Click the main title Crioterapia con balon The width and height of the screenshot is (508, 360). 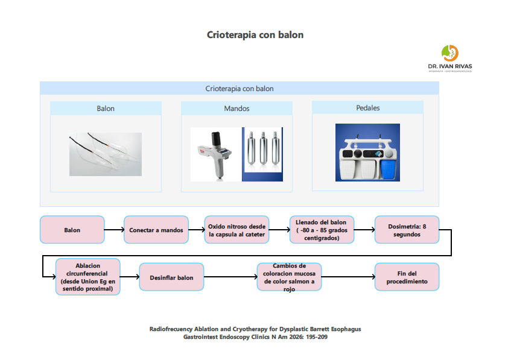point(255,35)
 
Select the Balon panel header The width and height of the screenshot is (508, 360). point(106,109)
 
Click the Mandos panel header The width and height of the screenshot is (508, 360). point(237,109)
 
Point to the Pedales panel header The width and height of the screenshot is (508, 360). point(367,108)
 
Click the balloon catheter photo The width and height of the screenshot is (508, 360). point(106,154)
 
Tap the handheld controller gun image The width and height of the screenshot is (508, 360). point(215,154)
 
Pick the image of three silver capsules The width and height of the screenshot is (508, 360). point(262,154)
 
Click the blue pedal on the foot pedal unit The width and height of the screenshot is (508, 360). point(388,168)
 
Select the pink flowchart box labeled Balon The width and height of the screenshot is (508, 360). point(72,230)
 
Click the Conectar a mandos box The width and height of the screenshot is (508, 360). point(156,230)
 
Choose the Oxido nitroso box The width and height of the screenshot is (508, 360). point(237,230)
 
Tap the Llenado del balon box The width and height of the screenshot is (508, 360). point(322,230)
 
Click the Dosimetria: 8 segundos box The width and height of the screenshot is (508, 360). point(407,230)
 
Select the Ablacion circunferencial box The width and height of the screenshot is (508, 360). point(87,277)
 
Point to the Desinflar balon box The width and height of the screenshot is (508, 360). point(171,277)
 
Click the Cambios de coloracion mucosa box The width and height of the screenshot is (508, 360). point(289,277)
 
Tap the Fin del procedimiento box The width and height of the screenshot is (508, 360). point(407,277)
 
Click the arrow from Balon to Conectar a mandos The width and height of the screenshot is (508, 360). point(114,230)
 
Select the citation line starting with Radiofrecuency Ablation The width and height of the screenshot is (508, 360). point(255,329)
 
